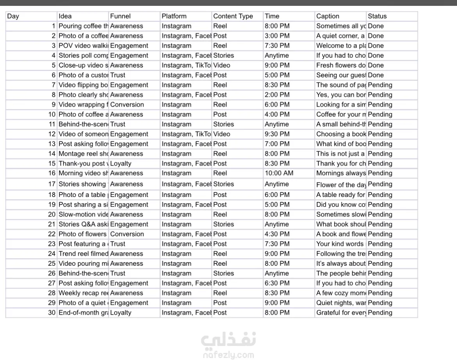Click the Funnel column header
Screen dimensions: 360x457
coord(120,16)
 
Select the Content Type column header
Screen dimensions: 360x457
coord(233,16)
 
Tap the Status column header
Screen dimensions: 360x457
coord(377,16)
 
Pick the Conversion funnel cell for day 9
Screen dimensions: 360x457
coord(127,105)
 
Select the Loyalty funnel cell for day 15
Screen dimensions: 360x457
coord(121,163)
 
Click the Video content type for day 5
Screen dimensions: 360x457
coord(221,65)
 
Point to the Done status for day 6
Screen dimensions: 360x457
coord(376,75)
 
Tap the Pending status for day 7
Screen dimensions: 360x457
coord(380,85)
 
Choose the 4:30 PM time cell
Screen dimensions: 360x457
coord(277,234)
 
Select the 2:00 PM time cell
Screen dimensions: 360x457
coord(277,95)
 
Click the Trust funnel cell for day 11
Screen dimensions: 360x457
coord(118,124)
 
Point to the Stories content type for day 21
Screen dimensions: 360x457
coord(223,224)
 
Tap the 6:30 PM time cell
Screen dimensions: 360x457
coord(277,283)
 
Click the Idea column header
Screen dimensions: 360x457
coord(65,16)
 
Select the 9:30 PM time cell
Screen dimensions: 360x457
coord(277,134)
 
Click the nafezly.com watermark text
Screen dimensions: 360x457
coord(228,355)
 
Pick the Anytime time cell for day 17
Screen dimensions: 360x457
coord(277,184)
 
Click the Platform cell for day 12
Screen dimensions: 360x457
coord(186,134)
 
